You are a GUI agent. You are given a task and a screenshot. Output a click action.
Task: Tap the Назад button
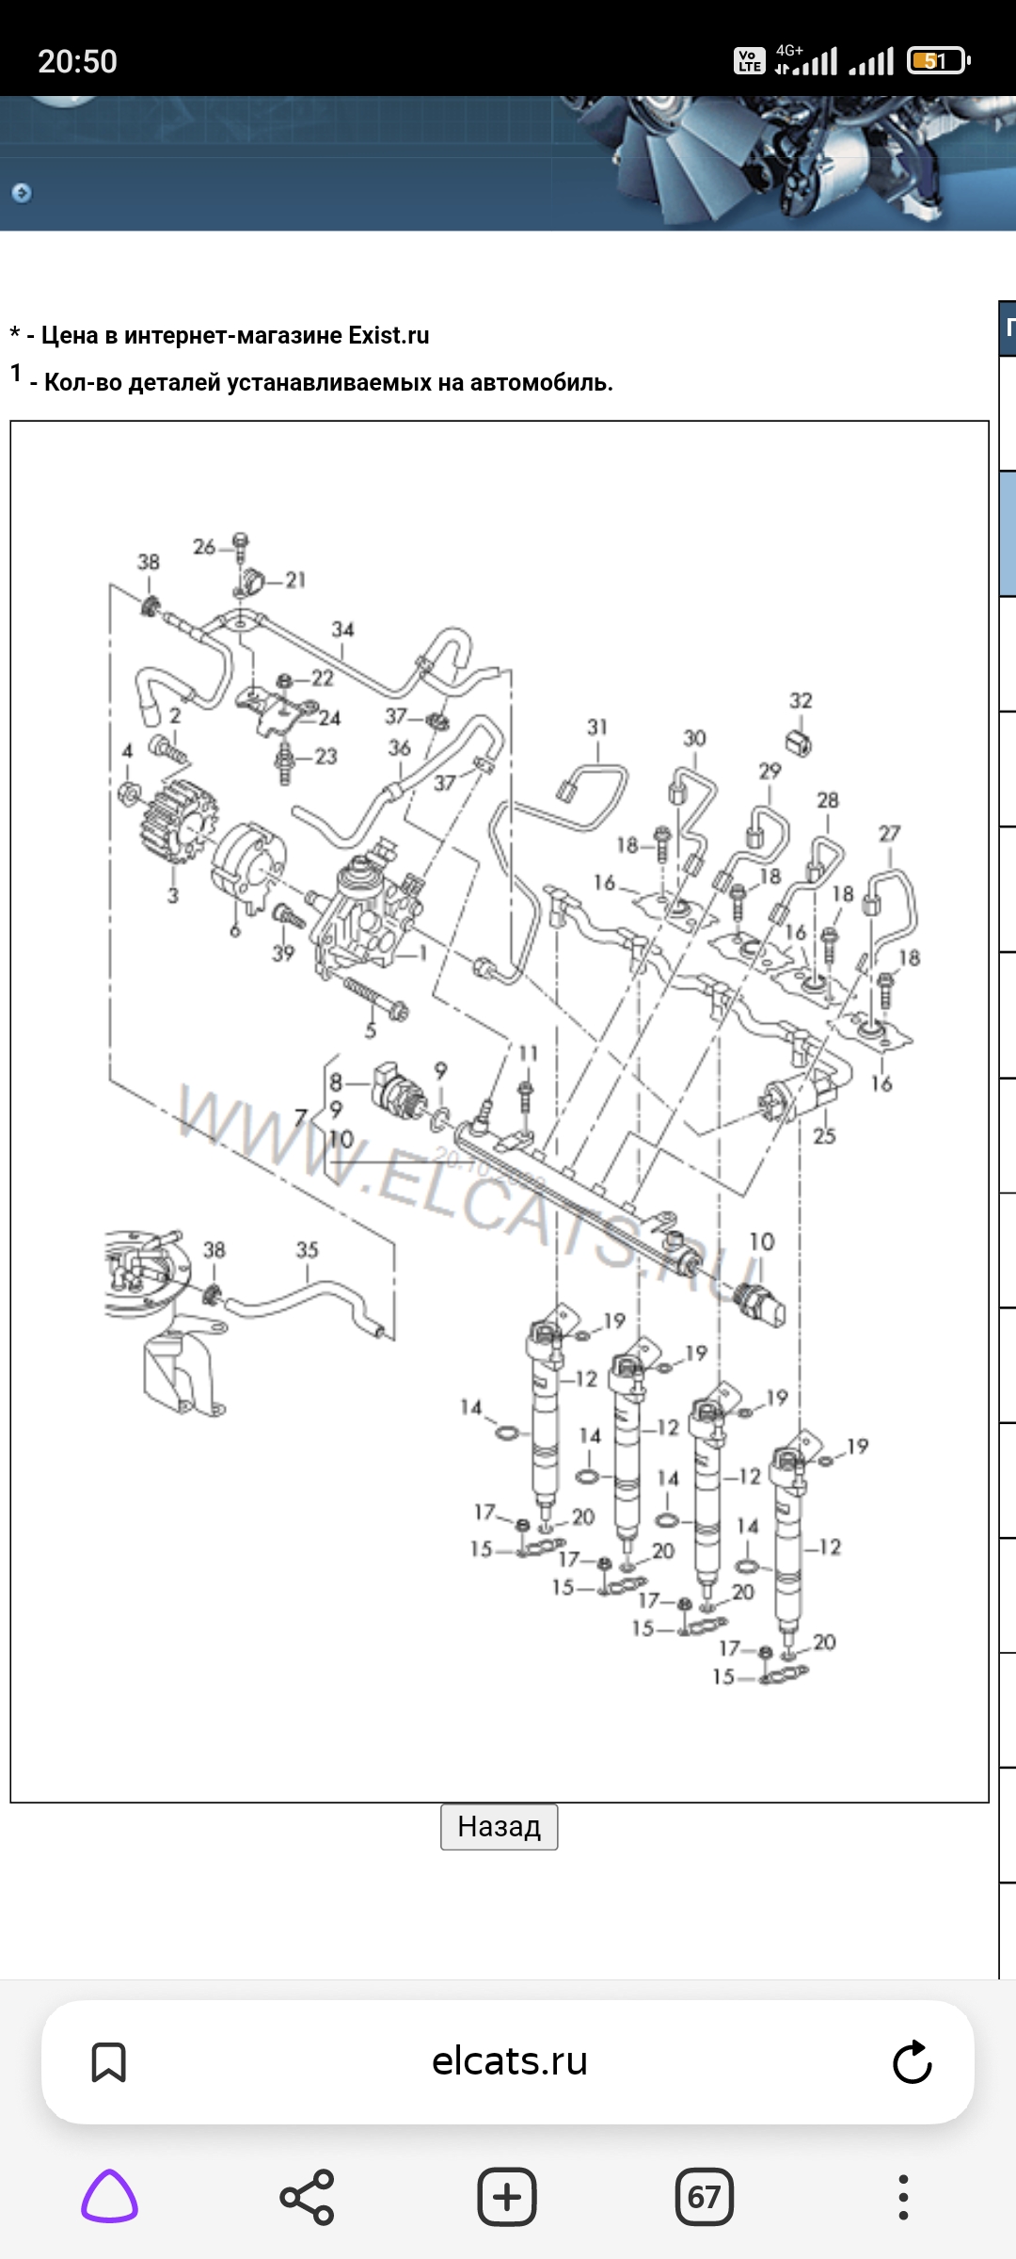tap(499, 1827)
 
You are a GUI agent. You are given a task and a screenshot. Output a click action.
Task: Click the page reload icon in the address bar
tap(912, 2061)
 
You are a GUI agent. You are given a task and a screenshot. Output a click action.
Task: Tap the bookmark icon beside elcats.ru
tap(108, 2061)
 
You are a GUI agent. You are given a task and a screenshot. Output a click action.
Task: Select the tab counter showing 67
tap(704, 2197)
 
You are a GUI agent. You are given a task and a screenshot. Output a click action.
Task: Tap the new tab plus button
tap(507, 2197)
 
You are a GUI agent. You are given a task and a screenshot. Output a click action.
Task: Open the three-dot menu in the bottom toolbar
tap(903, 2197)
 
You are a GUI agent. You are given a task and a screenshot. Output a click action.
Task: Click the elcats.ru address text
tap(509, 2061)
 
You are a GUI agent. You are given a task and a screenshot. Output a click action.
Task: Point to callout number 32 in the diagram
tap(801, 700)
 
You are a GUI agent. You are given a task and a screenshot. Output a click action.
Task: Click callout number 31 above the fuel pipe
tap(597, 727)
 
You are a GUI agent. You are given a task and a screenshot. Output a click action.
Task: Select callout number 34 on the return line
tap(342, 629)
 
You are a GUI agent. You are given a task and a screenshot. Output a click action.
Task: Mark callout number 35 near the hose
tap(308, 1250)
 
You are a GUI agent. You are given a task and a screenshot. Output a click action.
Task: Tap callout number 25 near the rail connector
tap(824, 1135)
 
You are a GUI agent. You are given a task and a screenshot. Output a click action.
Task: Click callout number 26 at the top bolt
tap(204, 546)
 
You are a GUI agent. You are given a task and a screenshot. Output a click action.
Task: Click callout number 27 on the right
tap(889, 833)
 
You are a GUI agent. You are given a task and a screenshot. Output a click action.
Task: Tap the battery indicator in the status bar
tap(937, 61)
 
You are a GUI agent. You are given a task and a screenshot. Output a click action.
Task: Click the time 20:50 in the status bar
tap(77, 62)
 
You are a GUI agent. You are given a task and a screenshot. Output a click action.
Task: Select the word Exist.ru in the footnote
tap(389, 335)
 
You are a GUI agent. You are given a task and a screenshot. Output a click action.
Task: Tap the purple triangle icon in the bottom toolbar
tap(110, 2197)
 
